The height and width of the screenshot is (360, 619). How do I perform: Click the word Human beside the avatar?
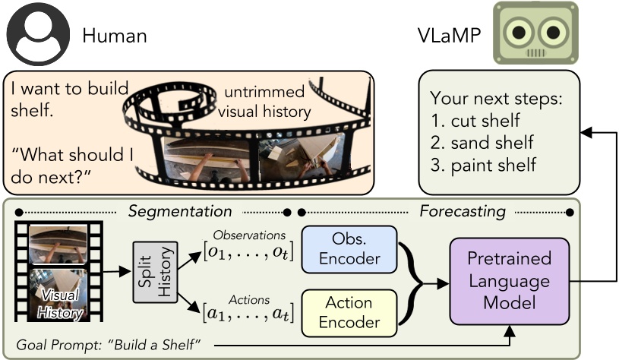click(x=114, y=35)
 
